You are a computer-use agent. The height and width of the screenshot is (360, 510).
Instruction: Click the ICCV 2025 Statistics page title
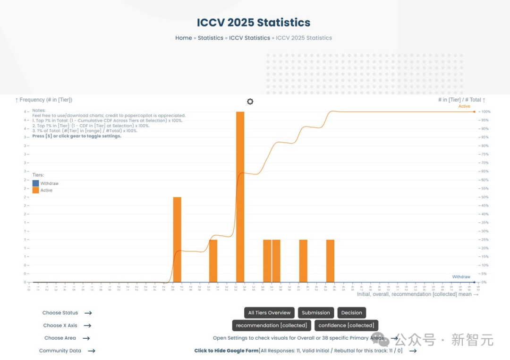254,23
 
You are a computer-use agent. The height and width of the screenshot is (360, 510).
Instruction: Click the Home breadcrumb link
183,38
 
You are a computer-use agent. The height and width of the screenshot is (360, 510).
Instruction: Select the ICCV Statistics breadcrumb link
249,38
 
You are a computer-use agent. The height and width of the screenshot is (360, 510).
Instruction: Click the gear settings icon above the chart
250,102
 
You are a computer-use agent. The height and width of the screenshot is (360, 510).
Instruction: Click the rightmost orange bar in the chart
330,261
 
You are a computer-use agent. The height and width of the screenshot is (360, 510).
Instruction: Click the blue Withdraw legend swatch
36,183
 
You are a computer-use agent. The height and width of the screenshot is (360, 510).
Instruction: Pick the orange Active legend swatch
36,190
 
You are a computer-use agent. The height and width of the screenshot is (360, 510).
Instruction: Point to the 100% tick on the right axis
485,112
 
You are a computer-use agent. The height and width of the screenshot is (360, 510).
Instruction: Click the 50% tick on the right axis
484,197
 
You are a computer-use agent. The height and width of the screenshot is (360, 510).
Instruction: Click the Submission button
316,313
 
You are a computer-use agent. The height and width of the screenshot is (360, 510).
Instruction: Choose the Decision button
352,313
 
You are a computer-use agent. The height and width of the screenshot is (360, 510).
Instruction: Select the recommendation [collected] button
272,325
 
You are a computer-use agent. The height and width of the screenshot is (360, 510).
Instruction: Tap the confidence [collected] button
346,325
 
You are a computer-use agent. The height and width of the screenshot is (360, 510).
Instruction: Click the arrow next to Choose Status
88,313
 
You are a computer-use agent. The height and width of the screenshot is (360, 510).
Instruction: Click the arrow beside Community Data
92,351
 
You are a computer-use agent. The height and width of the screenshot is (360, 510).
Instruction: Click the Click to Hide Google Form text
226,351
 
